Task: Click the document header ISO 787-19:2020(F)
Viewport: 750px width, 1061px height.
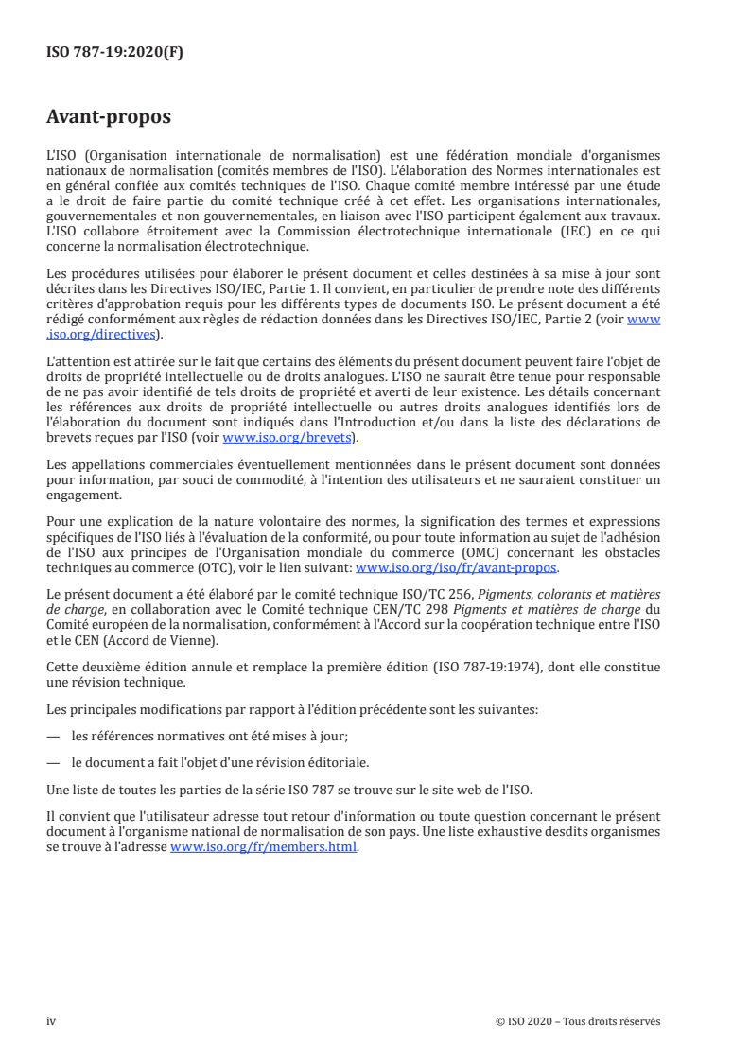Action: click(x=114, y=53)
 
